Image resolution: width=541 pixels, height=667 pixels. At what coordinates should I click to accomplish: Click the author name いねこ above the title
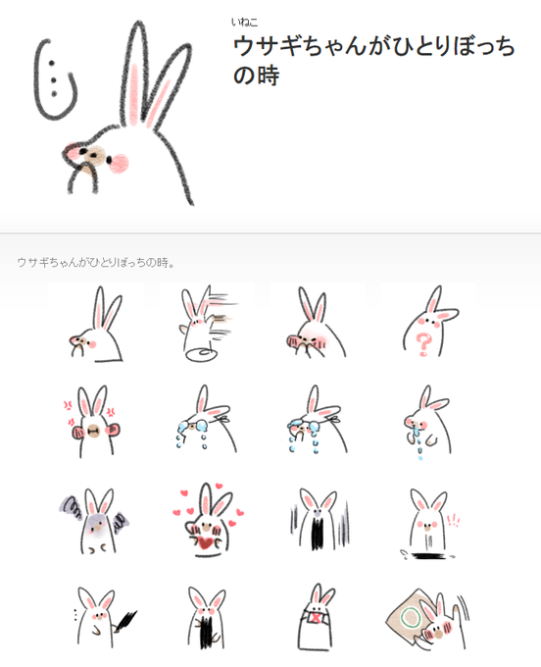pos(244,22)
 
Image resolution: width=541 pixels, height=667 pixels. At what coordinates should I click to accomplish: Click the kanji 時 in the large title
pos(268,76)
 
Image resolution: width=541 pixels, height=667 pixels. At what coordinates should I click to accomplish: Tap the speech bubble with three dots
pos(55,79)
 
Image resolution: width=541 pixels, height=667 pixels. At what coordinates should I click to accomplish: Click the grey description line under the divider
pos(96,263)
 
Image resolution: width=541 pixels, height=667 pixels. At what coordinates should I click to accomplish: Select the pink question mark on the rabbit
pos(423,344)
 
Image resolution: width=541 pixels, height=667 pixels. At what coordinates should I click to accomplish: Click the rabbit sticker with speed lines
pos(207,324)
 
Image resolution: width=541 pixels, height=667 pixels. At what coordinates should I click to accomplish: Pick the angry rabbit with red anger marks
pos(93,421)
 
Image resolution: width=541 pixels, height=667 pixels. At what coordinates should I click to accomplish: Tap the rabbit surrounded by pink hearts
pos(208,519)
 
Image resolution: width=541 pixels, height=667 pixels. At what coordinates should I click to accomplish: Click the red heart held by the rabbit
pos(207,543)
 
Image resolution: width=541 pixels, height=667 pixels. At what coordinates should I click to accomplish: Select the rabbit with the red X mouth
pos(317,616)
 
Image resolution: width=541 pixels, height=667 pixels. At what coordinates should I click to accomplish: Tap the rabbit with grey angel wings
pos(95,521)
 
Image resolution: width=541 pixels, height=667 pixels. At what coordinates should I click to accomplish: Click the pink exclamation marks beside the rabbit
pos(454,520)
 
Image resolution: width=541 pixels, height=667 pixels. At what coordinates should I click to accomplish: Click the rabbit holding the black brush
pos(104,617)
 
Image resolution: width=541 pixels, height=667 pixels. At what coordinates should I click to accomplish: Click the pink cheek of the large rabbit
pos(119,164)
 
